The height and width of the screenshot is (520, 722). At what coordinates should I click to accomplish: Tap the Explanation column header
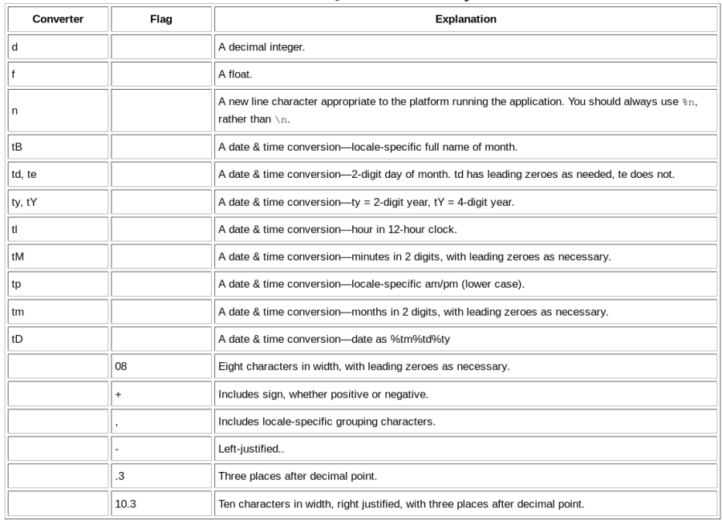pyautogui.click(x=465, y=18)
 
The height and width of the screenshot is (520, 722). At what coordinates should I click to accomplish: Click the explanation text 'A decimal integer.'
pyautogui.click(x=263, y=46)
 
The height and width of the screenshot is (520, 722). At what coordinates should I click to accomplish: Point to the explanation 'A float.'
pyautogui.click(x=238, y=74)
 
